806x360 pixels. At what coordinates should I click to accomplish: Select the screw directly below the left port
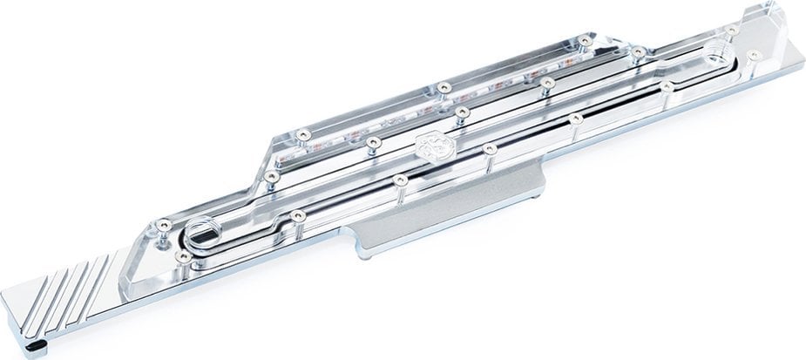[185, 256]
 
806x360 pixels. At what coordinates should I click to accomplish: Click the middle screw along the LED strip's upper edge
[444, 86]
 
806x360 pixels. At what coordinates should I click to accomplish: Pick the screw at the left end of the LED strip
[301, 133]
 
